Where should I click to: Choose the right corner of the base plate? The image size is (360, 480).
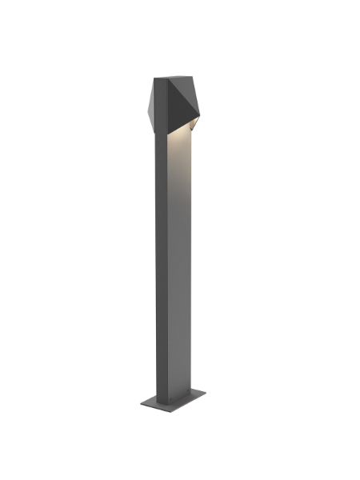pyautogui.click(x=206, y=393)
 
